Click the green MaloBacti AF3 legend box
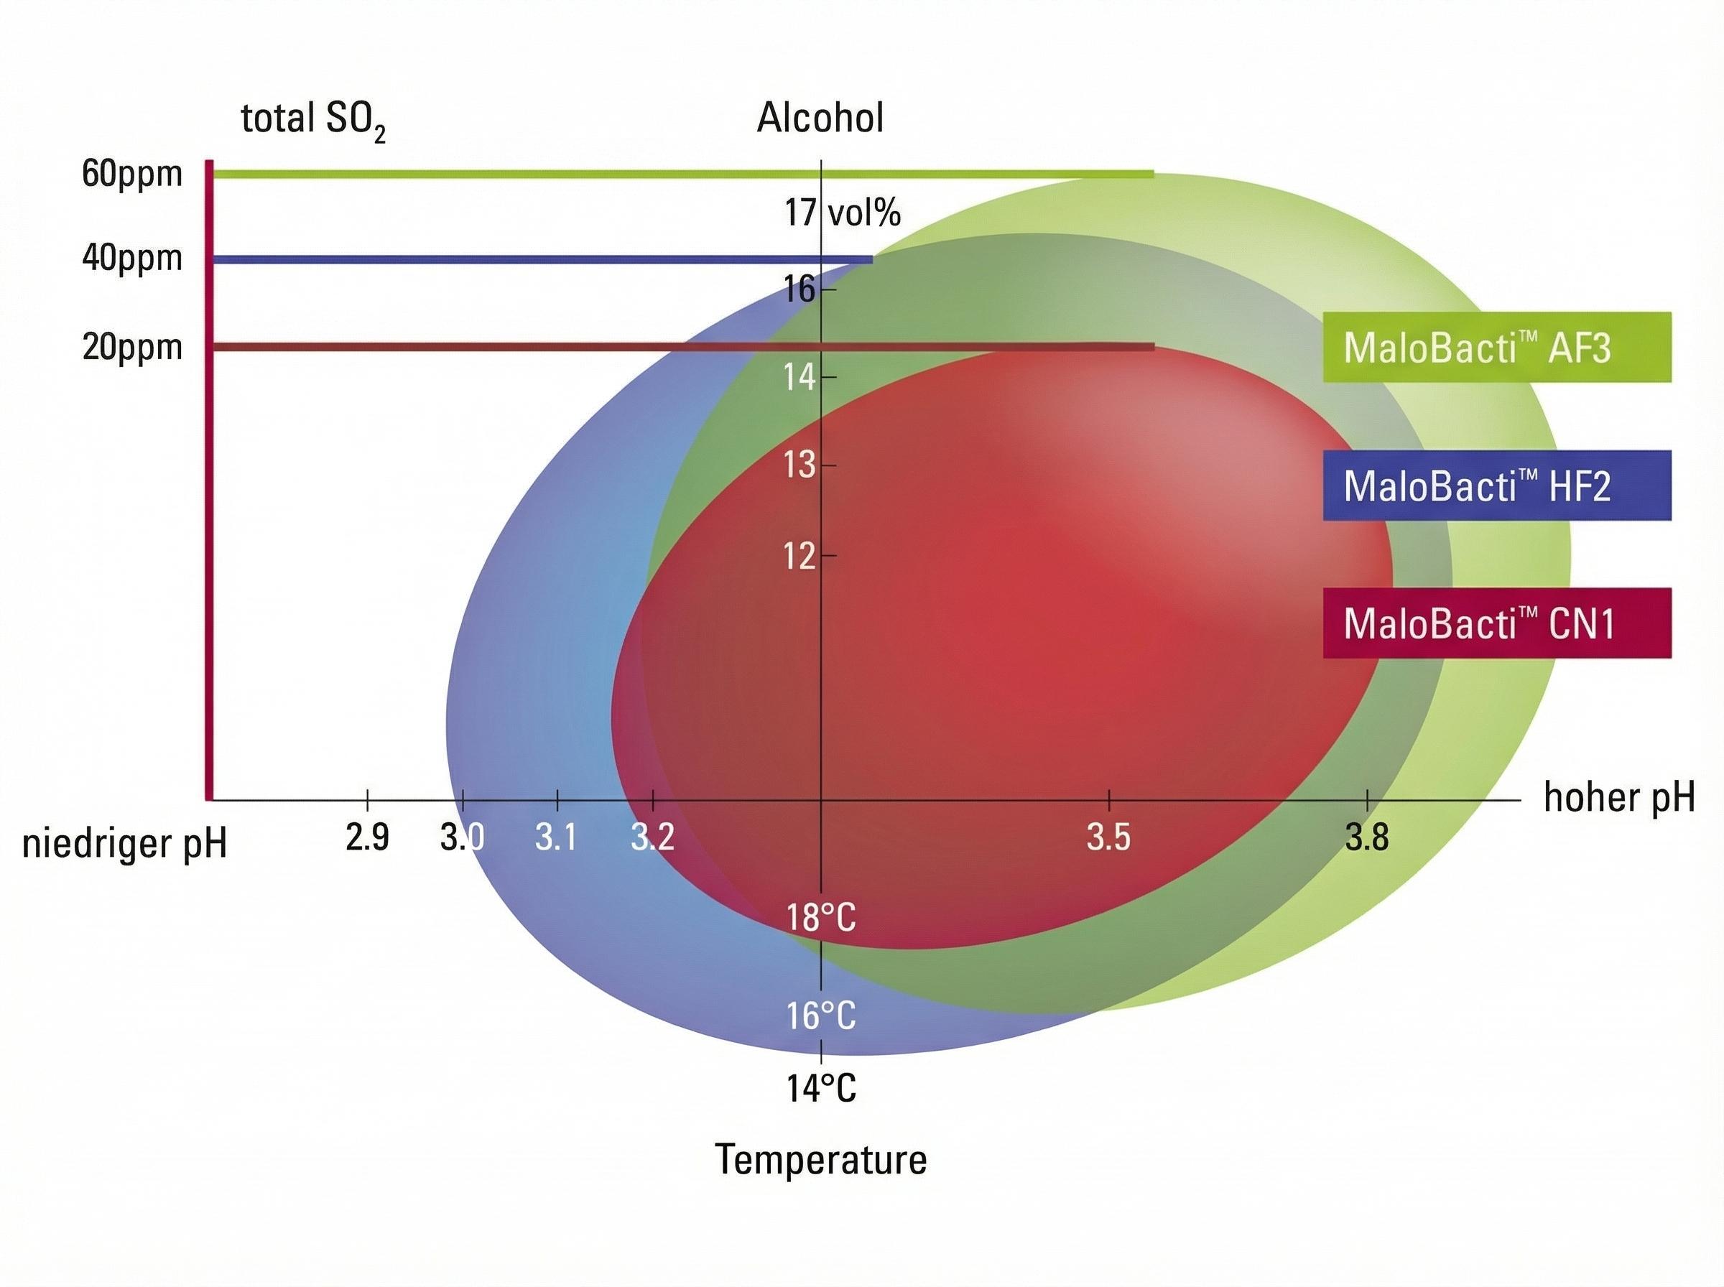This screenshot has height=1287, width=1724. [x=1496, y=347]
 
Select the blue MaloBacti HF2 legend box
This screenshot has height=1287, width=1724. [x=1496, y=485]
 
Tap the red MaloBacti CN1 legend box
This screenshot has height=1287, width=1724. [x=1496, y=623]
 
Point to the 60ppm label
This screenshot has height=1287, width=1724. [x=131, y=174]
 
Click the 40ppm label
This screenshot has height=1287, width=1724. [x=131, y=258]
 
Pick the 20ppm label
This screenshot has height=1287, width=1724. [x=131, y=347]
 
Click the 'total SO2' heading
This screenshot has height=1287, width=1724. [x=313, y=121]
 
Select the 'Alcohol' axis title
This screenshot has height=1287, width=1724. [x=820, y=119]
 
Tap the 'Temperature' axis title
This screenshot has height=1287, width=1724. [x=821, y=1159]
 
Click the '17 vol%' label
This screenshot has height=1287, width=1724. [x=842, y=213]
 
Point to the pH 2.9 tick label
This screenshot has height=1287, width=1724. [x=367, y=837]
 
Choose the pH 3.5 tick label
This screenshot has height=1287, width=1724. [x=1108, y=837]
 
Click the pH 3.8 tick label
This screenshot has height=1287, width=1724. [x=1367, y=837]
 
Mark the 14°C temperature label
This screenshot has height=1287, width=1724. [x=821, y=1088]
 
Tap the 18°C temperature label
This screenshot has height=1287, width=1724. [x=821, y=917]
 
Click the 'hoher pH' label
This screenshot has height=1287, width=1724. [x=1619, y=799]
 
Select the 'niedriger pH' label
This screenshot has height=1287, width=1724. [x=125, y=845]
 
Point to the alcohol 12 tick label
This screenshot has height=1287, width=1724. [x=800, y=557]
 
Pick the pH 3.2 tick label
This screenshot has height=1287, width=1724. [x=652, y=837]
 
